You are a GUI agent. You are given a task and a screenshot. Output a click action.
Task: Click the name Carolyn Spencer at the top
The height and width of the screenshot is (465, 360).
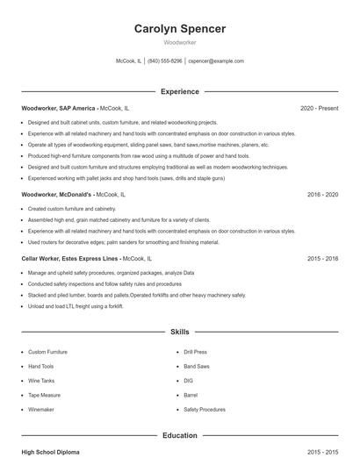[x=180, y=29]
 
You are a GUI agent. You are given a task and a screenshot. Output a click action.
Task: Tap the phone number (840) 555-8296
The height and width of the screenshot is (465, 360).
[x=165, y=61]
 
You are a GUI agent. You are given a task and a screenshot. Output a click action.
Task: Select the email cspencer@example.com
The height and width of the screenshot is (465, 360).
[x=216, y=61]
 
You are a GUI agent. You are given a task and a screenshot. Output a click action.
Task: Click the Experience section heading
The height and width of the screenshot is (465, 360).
[x=180, y=91]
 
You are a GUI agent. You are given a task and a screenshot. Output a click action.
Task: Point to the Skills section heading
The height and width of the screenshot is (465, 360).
[x=180, y=333]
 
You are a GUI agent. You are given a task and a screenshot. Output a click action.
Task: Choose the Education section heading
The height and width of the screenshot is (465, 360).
[x=180, y=435]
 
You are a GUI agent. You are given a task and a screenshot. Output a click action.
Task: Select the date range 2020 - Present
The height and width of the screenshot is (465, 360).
[x=319, y=108]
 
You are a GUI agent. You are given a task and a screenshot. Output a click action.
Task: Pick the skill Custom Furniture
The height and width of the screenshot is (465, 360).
[x=47, y=352]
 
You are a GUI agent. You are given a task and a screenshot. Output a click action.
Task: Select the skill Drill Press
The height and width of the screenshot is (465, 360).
[x=195, y=352]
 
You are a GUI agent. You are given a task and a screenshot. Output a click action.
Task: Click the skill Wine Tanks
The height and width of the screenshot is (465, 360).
[x=40, y=381]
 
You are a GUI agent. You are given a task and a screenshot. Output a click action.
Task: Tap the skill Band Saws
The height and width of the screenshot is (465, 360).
[x=196, y=366]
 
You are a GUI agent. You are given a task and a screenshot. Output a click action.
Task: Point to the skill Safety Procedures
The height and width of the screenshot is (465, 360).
[x=205, y=410]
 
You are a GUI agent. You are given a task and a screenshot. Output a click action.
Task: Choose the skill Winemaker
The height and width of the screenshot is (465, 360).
[x=41, y=410]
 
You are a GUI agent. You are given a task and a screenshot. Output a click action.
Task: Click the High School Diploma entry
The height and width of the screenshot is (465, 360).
[x=50, y=452]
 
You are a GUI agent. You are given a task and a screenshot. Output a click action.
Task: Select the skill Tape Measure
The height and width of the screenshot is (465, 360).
[x=44, y=395]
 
